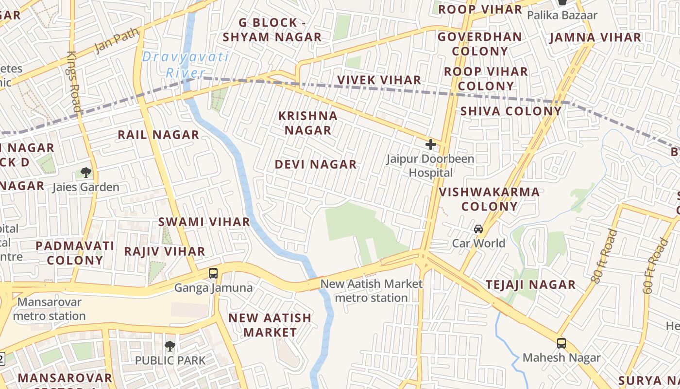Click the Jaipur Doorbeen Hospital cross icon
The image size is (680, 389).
tap(430, 144)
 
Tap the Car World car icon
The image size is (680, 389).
tap(478, 229)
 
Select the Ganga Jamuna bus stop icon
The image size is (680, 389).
tap(213, 273)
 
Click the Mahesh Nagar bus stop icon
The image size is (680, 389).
tap(561, 343)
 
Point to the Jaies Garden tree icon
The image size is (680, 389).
tap(86, 172)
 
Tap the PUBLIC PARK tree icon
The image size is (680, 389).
tap(170, 346)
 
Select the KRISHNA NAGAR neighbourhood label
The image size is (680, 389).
tap(308, 123)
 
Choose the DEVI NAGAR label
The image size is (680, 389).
tap(316, 164)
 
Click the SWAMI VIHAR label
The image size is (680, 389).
tap(204, 222)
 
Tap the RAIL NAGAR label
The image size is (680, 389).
tap(159, 135)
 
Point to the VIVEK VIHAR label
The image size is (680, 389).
tap(379, 80)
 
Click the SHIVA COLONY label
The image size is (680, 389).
tap(510, 111)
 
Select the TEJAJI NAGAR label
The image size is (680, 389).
tap(531, 284)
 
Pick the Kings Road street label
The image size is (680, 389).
tap(74, 81)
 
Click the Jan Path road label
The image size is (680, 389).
tap(117, 40)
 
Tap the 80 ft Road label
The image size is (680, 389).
tap(604, 256)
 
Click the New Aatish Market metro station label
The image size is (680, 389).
tap(372, 290)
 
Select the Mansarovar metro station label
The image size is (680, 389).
tap(49, 309)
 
